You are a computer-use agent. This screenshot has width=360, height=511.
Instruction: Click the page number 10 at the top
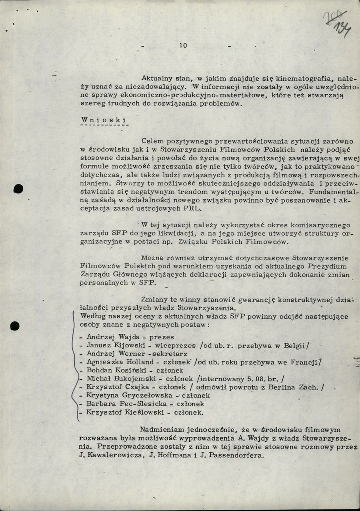click(x=183, y=46)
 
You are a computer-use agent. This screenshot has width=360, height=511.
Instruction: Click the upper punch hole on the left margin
click(x=19, y=189)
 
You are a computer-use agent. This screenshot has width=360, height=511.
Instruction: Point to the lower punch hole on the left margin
click(x=15, y=326)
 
